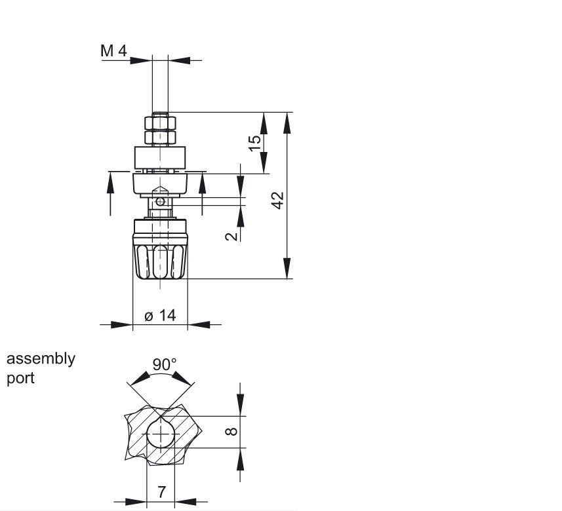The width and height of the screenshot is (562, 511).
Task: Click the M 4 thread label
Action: point(113,50)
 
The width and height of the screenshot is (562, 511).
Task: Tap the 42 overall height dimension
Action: point(277,200)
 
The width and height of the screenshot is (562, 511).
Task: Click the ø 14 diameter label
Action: point(161,315)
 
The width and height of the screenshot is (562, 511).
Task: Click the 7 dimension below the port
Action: point(161,492)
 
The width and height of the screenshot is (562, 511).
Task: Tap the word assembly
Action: point(41,359)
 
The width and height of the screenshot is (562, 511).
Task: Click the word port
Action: point(20,379)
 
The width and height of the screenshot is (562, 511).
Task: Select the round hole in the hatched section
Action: point(161,435)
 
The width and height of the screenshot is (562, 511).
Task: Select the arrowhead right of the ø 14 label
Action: point(199,324)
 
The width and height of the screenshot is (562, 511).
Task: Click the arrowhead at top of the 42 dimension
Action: point(287,123)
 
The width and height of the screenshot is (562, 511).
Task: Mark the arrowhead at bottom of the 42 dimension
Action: point(287,269)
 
